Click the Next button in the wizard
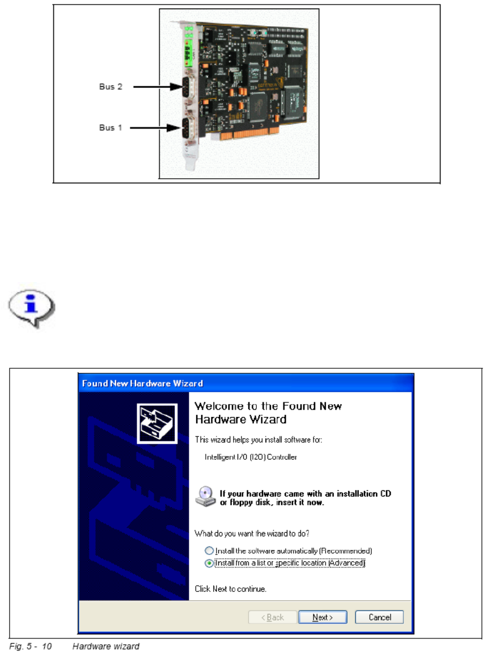tap(323, 617)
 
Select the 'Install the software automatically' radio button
tap(210, 550)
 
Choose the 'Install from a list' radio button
tap(210, 563)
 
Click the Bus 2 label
tap(111, 87)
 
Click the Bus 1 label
tap(111, 128)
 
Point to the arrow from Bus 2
tap(153, 87)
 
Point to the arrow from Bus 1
tap(153, 128)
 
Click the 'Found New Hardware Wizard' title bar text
tap(142, 384)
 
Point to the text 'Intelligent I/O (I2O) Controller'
tap(251, 456)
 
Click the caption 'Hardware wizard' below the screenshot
tap(105, 646)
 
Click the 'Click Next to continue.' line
tap(230, 588)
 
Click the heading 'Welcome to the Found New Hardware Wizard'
tap(268, 413)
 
